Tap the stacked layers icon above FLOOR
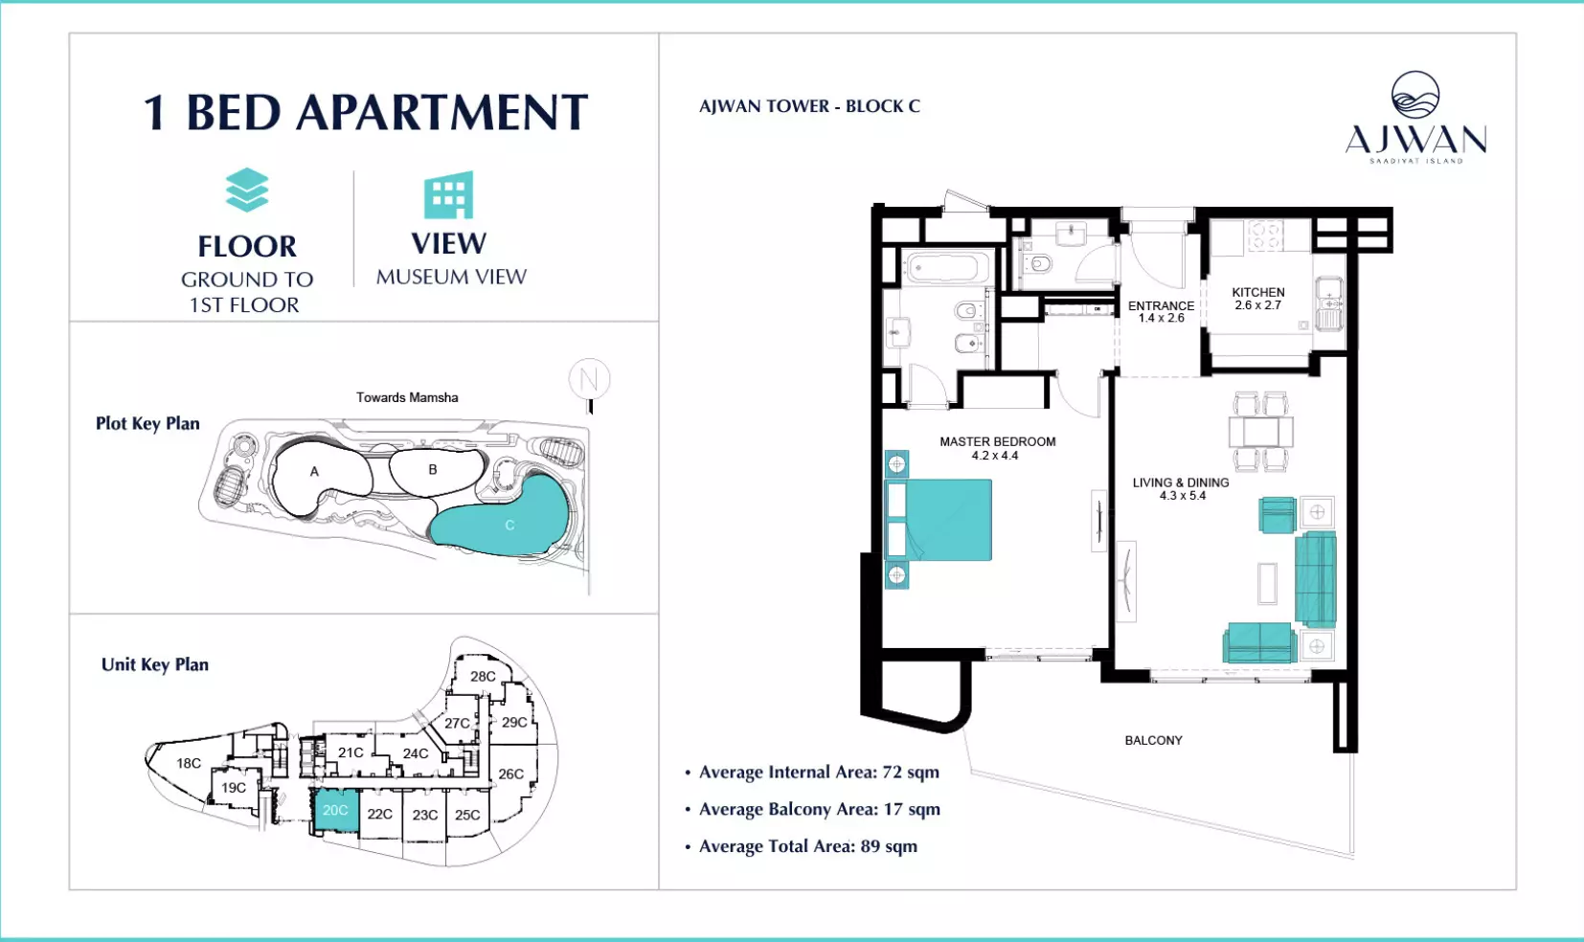tap(247, 191)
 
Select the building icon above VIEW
tap(448, 195)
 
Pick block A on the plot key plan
tap(315, 472)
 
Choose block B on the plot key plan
tap(433, 469)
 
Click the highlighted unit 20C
tap(335, 811)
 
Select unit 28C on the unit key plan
tap(484, 676)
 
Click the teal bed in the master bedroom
tap(939, 520)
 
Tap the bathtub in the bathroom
tap(943, 269)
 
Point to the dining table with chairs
tap(1261, 432)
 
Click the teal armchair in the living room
tap(1278, 514)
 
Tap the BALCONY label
tap(1153, 741)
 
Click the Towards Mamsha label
tap(407, 397)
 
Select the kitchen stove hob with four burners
tap(1265, 235)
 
